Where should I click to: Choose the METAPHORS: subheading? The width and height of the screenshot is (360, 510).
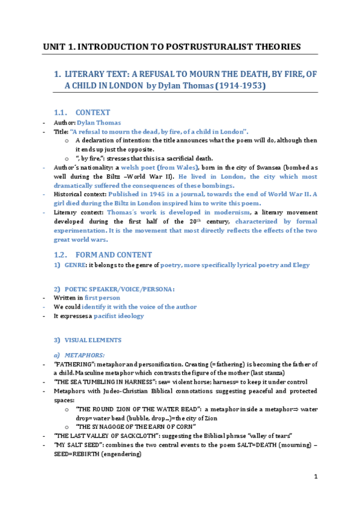tap(85, 355)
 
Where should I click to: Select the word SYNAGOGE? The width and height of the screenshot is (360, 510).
tap(107, 426)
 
